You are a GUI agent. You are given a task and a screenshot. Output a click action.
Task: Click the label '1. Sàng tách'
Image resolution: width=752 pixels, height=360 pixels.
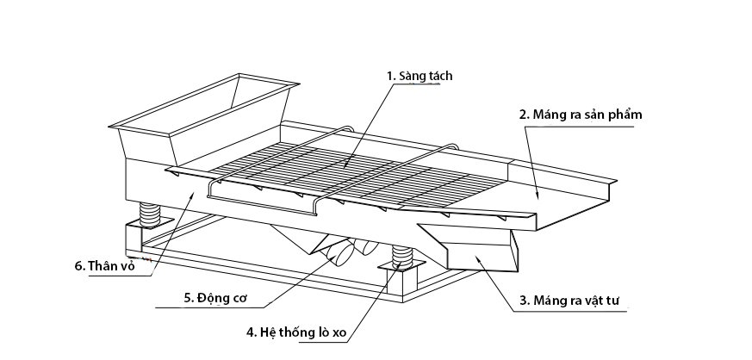(x=420, y=76)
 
